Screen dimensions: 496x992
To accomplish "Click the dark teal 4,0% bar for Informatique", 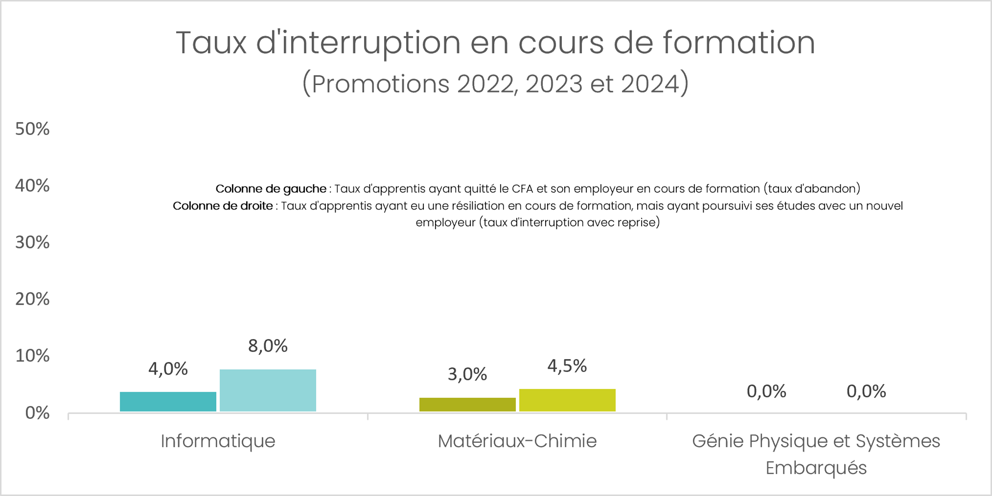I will (x=168, y=402).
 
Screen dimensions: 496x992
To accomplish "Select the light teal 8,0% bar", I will (x=268, y=390).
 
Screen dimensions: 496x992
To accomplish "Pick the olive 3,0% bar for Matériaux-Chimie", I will (x=467, y=405).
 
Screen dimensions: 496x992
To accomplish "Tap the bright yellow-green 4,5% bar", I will (x=567, y=400).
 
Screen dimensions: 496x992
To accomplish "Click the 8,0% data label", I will (x=268, y=346).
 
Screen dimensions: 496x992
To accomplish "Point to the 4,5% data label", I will (x=567, y=366).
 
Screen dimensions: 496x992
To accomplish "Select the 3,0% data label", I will (x=467, y=374).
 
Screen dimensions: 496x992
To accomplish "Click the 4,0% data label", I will (x=168, y=369).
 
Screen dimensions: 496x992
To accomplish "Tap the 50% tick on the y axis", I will (x=32, y=129).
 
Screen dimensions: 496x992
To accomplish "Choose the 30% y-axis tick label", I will (x=32, y=242).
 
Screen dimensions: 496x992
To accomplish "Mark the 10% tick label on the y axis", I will (x=32, y=356).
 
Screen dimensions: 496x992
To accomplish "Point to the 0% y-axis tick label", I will (x=37, y=413).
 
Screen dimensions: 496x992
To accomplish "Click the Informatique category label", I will (x=218, y=441).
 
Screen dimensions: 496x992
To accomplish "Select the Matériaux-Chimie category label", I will (x=517, y=441).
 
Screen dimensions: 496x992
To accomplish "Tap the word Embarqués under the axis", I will (x=816, y=468).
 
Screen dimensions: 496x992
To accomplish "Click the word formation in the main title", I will (x=738, y=43).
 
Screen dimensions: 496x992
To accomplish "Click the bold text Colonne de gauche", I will (x=271, y=189).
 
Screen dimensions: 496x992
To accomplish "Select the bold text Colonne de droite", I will (x=223, y=206).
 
